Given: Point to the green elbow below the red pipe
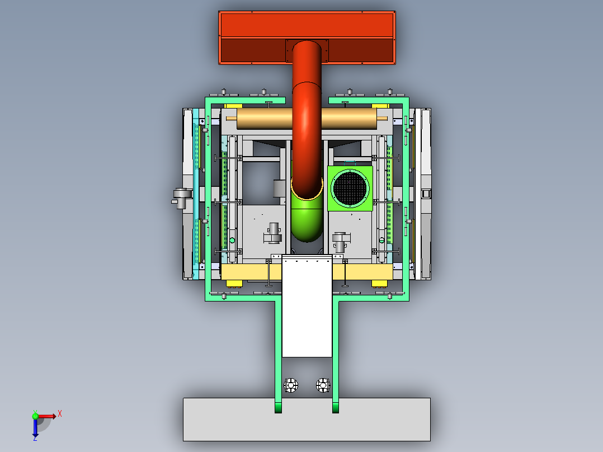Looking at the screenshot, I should click(306, 221).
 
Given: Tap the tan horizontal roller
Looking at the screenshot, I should click(263, 117).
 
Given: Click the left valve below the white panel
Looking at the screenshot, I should click(291, 385).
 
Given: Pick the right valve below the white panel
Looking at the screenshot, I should click(323, 385).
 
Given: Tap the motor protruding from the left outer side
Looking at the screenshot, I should click(180, 197).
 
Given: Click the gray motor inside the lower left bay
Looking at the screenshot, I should click(274, 234).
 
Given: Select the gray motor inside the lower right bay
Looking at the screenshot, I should click(341, 241).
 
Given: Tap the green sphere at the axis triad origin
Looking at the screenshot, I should click(35, 416).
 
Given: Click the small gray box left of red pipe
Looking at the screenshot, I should click(279, 188).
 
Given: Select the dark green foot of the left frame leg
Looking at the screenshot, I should click(278, 408).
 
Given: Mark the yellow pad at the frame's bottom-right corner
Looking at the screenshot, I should click(380, 283).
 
